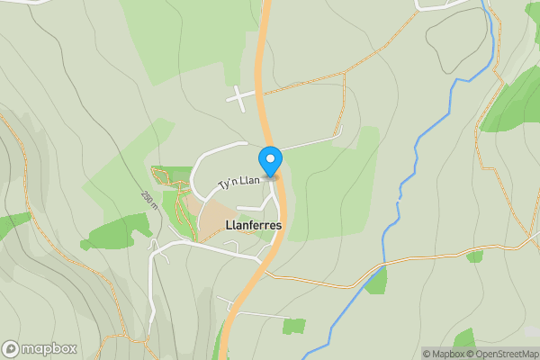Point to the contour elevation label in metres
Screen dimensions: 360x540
(x=148, y=201)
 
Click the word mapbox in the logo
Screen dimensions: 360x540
(x=49, y=348)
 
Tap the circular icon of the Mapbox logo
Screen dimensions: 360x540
(x=11, y=348)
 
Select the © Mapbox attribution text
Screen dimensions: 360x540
(x=444, y=354)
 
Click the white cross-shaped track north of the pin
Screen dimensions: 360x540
(x=238, y=98)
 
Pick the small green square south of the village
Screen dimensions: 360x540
(x=293, y=326)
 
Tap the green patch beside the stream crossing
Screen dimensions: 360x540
(x=376, y=282)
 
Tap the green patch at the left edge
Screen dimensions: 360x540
(x=11, y=223)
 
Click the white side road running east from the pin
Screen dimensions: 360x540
(x=310, y=141)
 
